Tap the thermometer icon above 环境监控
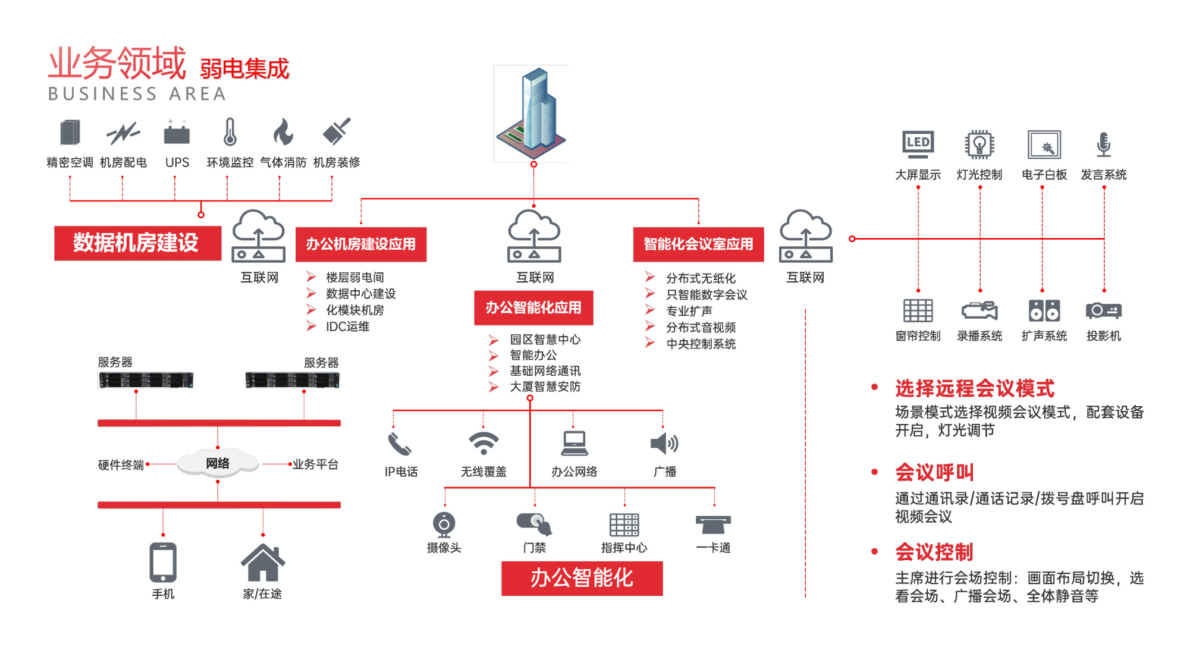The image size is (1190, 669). tap(230, 132)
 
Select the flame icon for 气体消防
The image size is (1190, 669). tap(283, 132)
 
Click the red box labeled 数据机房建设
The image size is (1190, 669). tap(137, 243)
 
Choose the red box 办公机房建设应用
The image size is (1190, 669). tap(361, 244)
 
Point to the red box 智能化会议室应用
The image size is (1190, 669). tap(698, 244)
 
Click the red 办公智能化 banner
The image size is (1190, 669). tap(582, 578)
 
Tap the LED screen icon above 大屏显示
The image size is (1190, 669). tap(918, 144)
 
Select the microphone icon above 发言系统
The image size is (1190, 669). tap(1103, 145)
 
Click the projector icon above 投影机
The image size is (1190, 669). tap(1103, 310)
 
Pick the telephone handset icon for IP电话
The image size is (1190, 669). tap(400, 444)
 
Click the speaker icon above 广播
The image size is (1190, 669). tap(664, 444)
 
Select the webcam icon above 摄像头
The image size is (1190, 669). tap(444, 524)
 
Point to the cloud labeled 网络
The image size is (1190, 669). tap(218, 463)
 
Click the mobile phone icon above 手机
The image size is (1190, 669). tap(163, 562)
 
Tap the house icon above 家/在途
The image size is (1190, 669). tap(262, 563)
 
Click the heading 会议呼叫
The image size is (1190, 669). tap(934, 473)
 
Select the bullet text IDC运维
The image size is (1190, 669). tap(347, 326)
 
